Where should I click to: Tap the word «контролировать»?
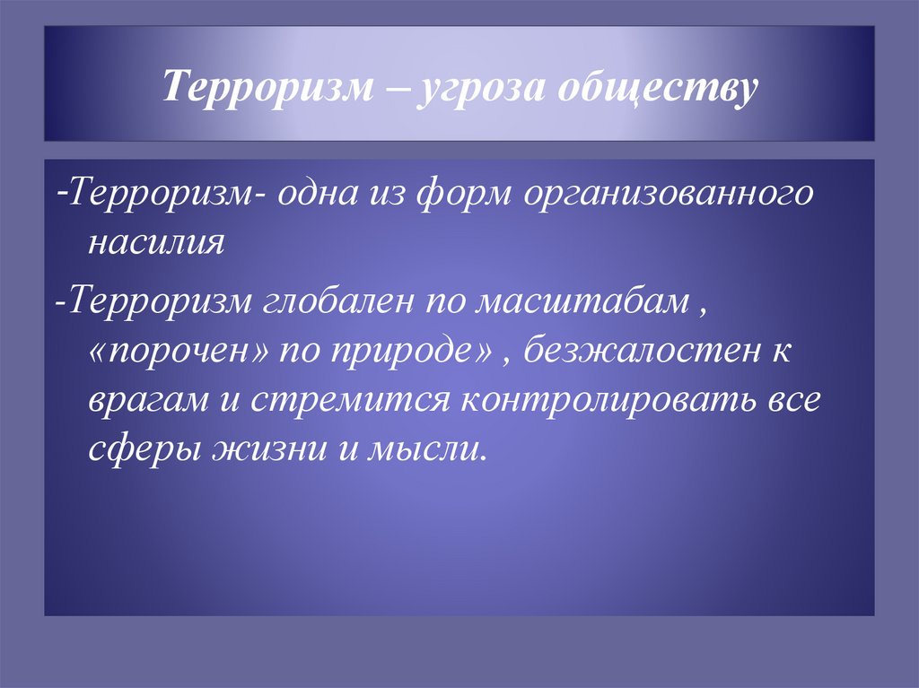(x=608, y=397)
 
